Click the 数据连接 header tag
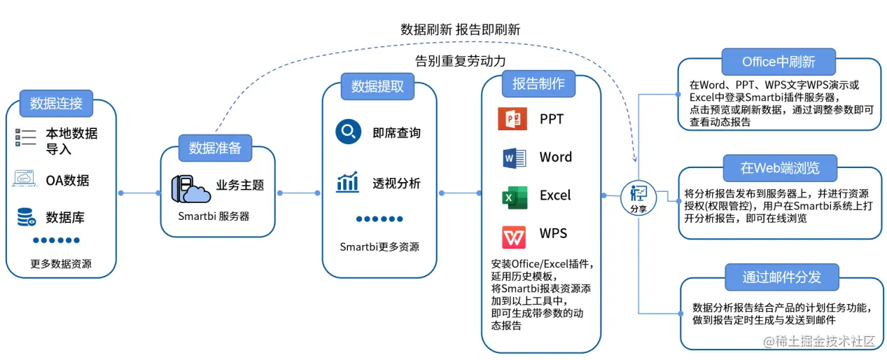(x=57, y=104)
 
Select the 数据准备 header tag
(x=215, y=148)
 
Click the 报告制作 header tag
(x=538, y=84)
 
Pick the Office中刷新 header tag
(x=778, y=62)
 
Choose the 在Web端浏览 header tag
(x=780, y=168)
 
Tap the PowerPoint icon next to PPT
(x=512, y=119)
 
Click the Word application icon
(x=514, y=158)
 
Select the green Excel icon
(x=514, y=197)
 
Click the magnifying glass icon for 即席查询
(x=348, y=131)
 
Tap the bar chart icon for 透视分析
(x=348, y=183)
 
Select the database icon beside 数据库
(x=27, y=218)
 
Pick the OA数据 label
(x=67, y=181)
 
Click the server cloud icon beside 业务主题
(x=190, y=188)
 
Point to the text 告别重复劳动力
(x=460, y=61)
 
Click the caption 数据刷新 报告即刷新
(x=460, y=29)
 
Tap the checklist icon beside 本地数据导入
(x=26, y=137)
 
